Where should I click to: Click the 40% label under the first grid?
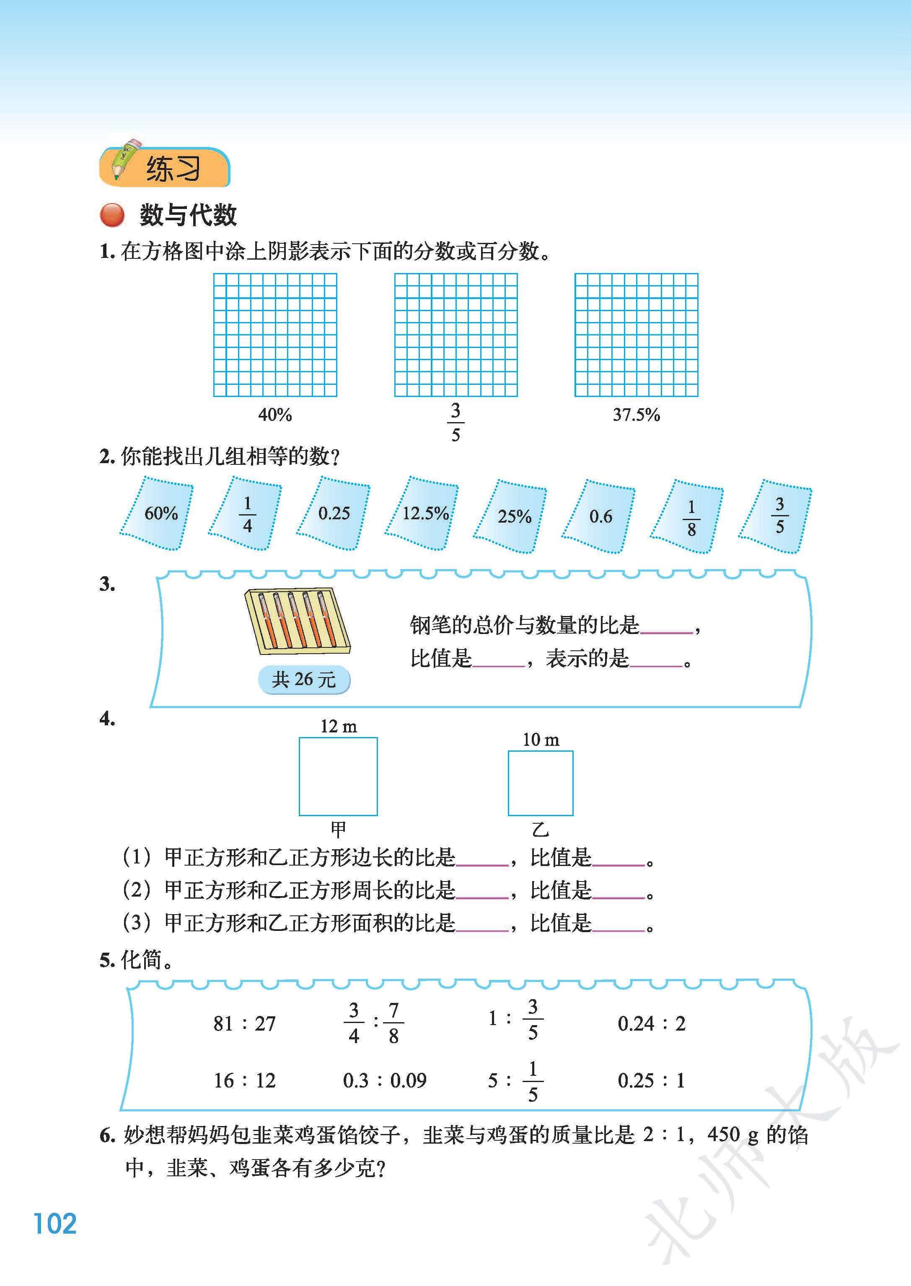[x=275, y=415]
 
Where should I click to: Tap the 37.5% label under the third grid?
[x=636, y=415]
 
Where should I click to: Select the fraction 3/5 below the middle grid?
[x=455, y=422]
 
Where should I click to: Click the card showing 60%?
[x=156, y=513]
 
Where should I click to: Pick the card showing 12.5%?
[x=422, y=513]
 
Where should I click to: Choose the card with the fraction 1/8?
[x=687, y=516]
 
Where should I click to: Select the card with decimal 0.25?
[x=333, y=513]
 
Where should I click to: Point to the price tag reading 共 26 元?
[x=303, y=680]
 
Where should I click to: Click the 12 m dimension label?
[x=338, y=727]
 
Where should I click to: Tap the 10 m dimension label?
[x=541, y=740]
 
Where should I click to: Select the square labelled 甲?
[x=338, y=776]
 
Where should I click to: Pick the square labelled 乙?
[x=541, y=783]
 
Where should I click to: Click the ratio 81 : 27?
[x=245, y=1023]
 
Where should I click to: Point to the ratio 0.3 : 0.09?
[x=385, y=1080]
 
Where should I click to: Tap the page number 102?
[x=55, y=1223]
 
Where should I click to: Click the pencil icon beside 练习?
[x=126, y=159]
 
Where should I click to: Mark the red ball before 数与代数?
[x=112, y=215]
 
